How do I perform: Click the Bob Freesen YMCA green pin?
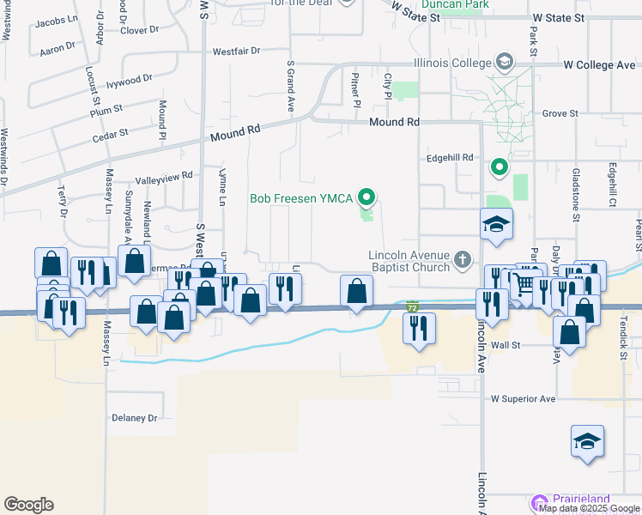click(366, 198)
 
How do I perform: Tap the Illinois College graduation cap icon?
click(504, 62)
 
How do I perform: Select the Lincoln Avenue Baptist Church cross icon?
click(463, 258)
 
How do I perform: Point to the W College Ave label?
click(599, 65)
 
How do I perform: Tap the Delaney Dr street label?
click(135, 418)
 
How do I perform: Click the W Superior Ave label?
click(523, 399)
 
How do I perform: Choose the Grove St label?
click(560, 113)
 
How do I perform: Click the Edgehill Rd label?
click(451, 158)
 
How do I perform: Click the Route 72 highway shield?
click(413, 306)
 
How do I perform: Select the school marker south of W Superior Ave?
click(588, 442)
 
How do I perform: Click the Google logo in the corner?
click(28, 505)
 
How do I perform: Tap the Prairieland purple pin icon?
click(539, 500)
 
